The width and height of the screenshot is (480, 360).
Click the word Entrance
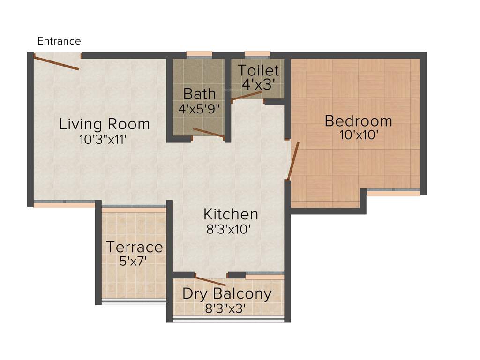(59, 41)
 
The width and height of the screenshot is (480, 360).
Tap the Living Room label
(105, 124)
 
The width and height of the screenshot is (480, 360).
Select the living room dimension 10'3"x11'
(103, 139)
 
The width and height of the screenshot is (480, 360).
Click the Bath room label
(199, 93)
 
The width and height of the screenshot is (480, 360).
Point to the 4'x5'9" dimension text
(199, 109)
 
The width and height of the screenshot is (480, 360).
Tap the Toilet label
(258, 71)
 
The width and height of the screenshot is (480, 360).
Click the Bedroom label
(359, 121)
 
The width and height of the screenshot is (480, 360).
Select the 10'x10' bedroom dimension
(359, 135)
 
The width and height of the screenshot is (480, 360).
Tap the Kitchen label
(231, 214)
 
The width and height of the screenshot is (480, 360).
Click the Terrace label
(135, 247)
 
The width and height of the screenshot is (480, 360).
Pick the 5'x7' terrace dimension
(134, 261)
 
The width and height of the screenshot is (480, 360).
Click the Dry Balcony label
(227, 294)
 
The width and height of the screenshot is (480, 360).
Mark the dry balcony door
(210, 281)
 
